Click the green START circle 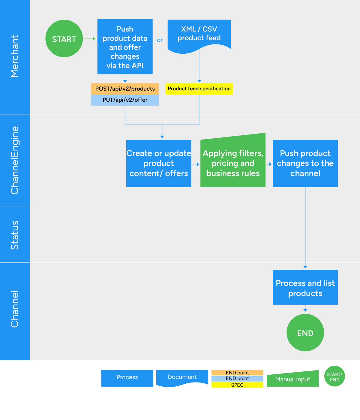pyautogui.click(x=64, y=39)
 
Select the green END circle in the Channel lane pyautogui.click(x=305, y=333)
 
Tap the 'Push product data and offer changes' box pyautogui.click(x=125, y=47)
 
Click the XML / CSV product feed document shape pyautogui.click(x=199, y=34)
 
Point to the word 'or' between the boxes pyautogui.click(x=160, y=40)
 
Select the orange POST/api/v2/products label pyautogui.click(x=125, y=89)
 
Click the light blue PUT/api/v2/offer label pyautogui.click(x=125, y=100)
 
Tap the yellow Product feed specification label pyautogui.click(x=199, y=89)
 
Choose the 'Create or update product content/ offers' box pyautogui.click(x=158, y=163)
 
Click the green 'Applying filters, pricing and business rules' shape pyautogui.click(x=233, y=163)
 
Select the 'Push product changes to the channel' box pyautogui.click(x=305, y=163)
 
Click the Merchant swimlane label pyautogui.click(x=15, y=56)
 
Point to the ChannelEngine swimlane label pyautogui.click(x=15, y=160)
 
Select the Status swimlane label pyautogui.click(x=15, y=235)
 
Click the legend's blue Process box pyautogui.click(x=127, y=378)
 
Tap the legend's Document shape pyautogui.click(x=182, y=377)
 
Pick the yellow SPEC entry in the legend pyautogui.click(x=237, y=385)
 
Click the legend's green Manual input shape pyautogui.click(x=292, y=379)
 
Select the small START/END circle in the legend pyautogui.click(x=334, y=376)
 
